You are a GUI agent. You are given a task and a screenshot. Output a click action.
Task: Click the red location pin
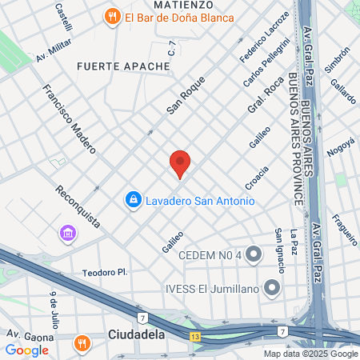(x=180, y=162)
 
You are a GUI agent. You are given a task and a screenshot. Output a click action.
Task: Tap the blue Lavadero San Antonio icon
(x=133, y=199)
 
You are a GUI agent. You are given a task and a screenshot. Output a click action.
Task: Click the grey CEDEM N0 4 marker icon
(x=254, y=255)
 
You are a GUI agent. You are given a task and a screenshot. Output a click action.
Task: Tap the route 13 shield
(x=196, y=337)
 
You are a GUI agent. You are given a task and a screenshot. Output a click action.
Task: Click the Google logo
(x=26, y=350)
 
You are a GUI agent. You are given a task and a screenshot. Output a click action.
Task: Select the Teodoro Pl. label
(x=105, y=273)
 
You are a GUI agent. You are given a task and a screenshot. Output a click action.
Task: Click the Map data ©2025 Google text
(x=311, y=354)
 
